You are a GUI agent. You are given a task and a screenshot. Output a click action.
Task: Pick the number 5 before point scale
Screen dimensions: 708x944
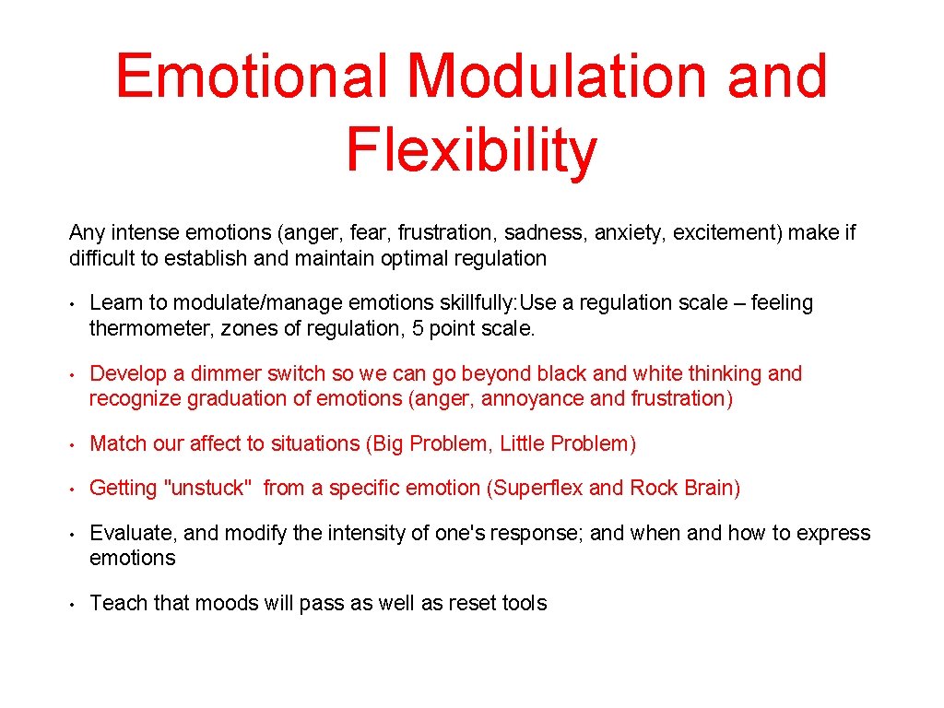[412, 328]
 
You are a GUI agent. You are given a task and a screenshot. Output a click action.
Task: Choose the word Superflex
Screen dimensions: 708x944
[537, 489]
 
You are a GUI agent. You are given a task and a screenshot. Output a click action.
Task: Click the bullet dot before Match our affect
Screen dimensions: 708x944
[71, 444]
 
